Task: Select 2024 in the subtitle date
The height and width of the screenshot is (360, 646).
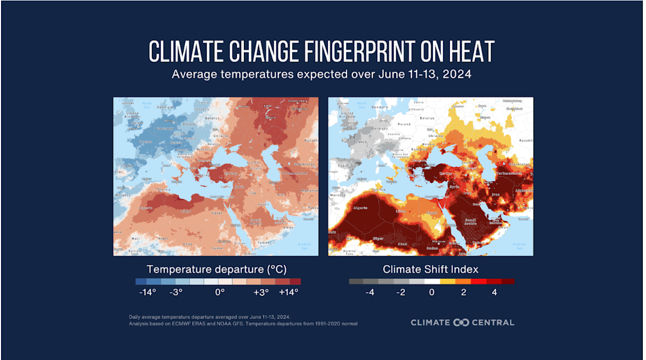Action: click(457, 74)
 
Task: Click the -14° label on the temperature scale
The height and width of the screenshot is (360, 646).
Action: click(146, 292)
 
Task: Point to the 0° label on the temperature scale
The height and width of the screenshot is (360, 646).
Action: click(220, 292)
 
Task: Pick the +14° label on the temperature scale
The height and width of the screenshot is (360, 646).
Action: click(288, 292)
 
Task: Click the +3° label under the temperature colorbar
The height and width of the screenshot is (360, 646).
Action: click(261, 292)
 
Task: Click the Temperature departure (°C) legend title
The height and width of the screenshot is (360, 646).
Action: click(218, 269)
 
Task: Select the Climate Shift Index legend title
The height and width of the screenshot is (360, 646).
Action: click(431, 269)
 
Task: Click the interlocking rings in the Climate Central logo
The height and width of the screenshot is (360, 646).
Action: click(462, 322)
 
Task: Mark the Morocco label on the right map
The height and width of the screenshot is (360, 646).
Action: click(338, 194)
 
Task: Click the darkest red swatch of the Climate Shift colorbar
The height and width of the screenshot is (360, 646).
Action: click(508, 281)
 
